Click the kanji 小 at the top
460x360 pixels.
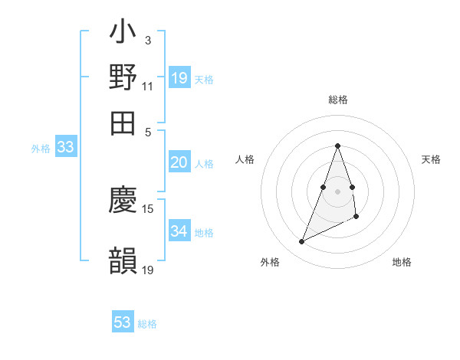(123, 34)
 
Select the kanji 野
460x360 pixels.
(123, 77)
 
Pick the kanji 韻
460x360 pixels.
(123, 260)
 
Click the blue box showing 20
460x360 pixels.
(179, 162)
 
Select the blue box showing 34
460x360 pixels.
(179, 231)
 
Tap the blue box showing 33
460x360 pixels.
(65, 148)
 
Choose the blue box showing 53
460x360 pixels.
(123, 322)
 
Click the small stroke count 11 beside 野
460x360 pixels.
(148, 86)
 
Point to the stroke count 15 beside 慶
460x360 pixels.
(148, 208)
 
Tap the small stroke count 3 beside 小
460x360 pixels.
(147, 40)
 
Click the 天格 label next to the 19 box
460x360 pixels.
(204, 80)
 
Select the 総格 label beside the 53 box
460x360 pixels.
(147, 324)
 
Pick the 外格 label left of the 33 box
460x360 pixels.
(41, 149)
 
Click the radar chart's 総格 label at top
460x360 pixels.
(337, 100)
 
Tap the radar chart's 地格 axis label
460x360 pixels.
(402, 263)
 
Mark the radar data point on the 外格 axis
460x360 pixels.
(301, 242)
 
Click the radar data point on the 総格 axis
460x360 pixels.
(337, 146)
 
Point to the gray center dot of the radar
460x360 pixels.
(337, 191)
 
